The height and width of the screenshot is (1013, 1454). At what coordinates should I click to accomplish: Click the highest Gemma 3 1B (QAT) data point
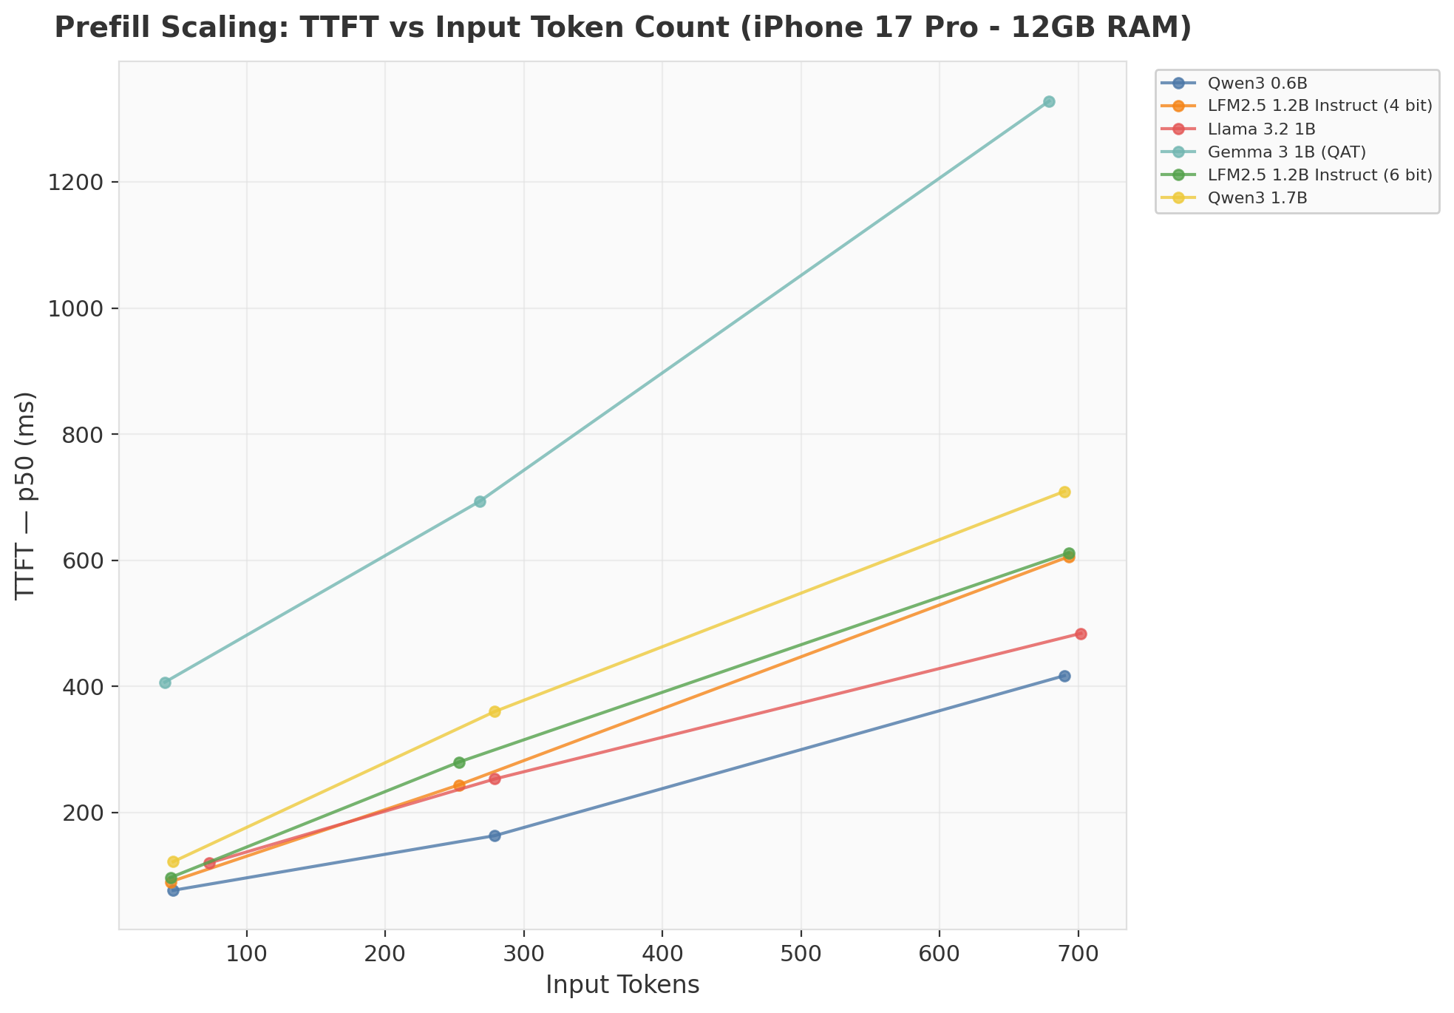click(x=1048, y=101)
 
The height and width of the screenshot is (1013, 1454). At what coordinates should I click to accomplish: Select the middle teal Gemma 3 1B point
click(x=480, y=501)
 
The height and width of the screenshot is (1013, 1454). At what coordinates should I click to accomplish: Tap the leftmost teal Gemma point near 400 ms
click(x=165, y=682)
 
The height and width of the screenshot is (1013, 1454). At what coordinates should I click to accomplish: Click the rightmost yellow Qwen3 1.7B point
click(x=1064, y=492)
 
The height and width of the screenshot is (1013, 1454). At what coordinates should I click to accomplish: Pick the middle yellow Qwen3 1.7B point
click(x=495, y=711)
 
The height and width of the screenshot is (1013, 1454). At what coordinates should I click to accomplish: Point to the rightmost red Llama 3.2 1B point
click(x=1081, y=634)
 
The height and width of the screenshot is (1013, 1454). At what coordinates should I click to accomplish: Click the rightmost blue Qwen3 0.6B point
click(x=1064, y=676)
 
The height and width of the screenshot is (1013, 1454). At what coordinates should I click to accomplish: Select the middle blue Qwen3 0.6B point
click(x=495, y=836)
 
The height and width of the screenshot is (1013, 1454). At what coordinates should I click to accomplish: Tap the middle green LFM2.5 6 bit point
click(x=459, y=762)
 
